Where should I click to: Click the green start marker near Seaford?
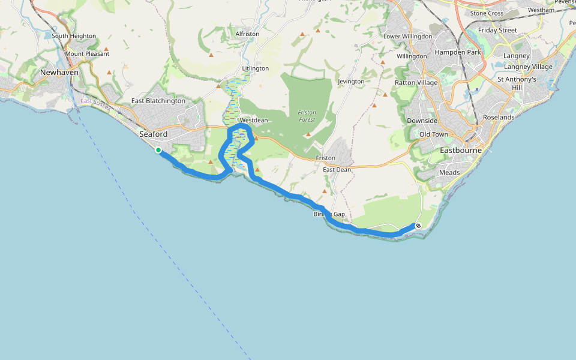click(158, 150)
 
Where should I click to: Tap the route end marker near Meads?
click(418, 226)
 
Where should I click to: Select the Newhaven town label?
click(59, 72)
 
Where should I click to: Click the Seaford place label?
click(153, 134)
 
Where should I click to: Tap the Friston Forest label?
click(307, 116)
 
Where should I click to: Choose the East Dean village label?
click(337, 170)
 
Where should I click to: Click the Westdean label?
click(253, 120)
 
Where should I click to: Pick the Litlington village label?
click(255, 68)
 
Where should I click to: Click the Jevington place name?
click(351, 82)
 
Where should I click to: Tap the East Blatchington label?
click(158, 101)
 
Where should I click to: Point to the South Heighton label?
click(74, 36)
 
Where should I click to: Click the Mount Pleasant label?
click(88, 54)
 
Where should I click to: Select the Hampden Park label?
click(458, 52)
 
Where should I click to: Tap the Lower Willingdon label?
click(407, 37)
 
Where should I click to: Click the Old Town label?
click(434, 134)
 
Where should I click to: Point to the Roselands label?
click(499, 118)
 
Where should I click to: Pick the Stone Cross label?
click(487, 13)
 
